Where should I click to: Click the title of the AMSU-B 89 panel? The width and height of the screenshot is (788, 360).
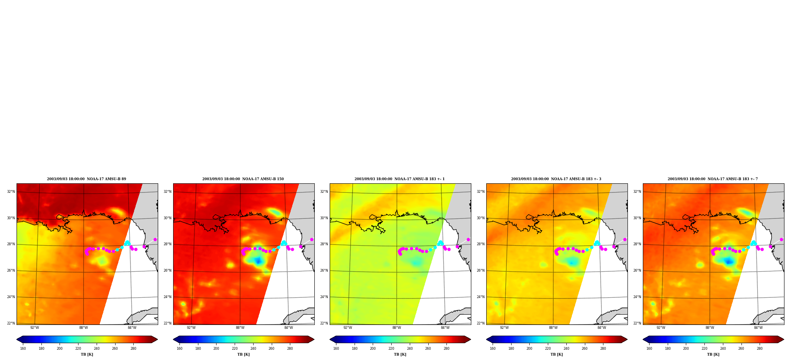86,179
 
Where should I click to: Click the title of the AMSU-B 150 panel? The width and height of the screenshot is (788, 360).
243,179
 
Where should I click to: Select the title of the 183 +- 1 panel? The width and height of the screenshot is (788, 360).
400,179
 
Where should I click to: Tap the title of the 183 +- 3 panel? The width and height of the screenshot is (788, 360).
556,179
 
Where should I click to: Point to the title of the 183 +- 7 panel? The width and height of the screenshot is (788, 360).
713,179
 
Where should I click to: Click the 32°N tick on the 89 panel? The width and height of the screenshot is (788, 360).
11,192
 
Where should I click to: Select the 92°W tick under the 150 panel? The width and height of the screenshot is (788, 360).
191,328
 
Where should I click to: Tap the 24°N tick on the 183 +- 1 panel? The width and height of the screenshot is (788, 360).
324,297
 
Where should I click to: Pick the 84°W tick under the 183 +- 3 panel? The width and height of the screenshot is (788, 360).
602,328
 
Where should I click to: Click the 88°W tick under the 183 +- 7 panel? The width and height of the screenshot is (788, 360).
710,328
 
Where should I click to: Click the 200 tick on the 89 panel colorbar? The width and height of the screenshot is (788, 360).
60,349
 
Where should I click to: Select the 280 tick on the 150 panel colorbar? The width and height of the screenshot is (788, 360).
290,349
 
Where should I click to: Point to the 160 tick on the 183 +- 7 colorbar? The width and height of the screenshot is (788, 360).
649,349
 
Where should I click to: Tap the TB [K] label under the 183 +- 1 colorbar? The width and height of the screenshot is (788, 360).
400,354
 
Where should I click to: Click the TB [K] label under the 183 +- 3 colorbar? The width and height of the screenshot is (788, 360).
556,354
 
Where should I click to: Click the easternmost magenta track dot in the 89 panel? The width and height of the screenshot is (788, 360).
155,239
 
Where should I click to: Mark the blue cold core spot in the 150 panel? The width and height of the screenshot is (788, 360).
258,261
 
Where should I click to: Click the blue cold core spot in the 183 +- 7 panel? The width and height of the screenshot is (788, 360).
728,261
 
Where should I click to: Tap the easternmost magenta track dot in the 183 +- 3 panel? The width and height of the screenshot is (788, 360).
625,239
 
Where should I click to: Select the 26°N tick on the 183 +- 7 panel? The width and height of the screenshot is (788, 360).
637,270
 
